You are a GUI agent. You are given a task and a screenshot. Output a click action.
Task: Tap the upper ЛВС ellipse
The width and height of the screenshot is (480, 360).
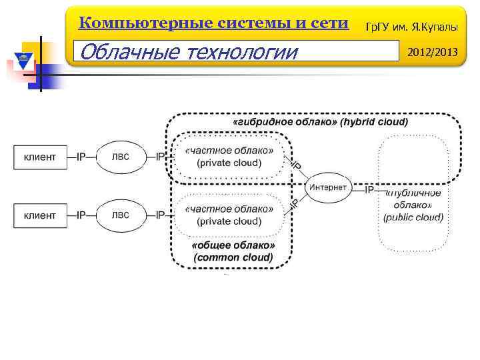tap(121, 157)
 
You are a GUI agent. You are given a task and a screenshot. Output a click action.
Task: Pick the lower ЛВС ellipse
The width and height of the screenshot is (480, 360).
tap(121, 215)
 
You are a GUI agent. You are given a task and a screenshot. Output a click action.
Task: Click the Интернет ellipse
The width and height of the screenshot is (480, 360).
tap(328, 187)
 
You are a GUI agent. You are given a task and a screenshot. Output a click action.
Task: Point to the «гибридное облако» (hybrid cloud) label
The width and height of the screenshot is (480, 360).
tap(320, 123)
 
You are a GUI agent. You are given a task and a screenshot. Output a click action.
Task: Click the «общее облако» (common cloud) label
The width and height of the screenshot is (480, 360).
tap(233, 251)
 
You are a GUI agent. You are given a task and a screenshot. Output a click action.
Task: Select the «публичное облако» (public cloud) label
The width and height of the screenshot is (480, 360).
tap(413, 205)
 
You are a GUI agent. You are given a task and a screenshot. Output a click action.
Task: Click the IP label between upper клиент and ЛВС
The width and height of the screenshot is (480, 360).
tap(81, 157)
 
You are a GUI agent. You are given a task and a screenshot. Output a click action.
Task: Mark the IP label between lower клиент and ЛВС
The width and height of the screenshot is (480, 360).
tap(81, 215)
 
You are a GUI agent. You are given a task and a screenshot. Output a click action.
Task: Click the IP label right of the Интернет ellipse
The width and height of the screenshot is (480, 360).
tap(369, 189)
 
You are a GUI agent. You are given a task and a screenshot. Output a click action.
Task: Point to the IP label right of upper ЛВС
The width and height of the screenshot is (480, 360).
tap(160, 157)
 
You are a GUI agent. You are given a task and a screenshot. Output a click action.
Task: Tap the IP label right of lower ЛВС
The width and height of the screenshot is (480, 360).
tap(160, 215)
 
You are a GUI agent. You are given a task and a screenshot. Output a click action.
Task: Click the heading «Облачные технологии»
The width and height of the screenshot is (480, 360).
tap(187, 51)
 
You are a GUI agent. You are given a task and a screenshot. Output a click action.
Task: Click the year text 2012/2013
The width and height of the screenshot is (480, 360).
tap(433, 51)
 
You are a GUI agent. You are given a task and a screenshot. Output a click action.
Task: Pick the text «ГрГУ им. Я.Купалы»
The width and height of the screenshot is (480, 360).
tap(415, 25)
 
